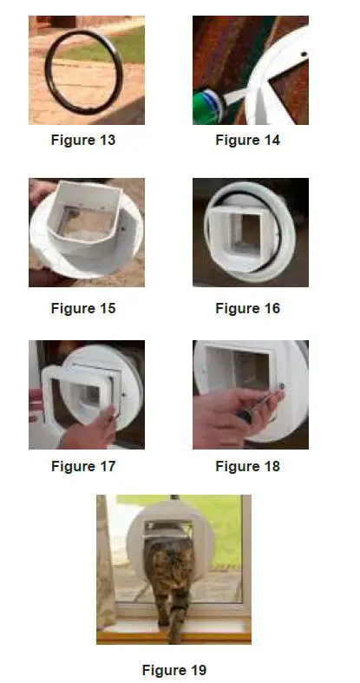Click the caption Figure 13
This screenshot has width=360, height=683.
click(83, 140)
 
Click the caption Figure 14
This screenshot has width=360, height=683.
click(248, 140)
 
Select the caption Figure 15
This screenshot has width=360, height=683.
click(83, 308)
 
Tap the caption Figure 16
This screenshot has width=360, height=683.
click(248, 308)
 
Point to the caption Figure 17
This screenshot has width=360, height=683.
click(83, 466)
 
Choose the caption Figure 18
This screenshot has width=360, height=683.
click(248, 466)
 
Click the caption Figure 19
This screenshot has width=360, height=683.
click(173, 670)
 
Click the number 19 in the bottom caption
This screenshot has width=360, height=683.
click(197, 670)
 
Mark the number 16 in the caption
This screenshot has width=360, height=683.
click(272, 308)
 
